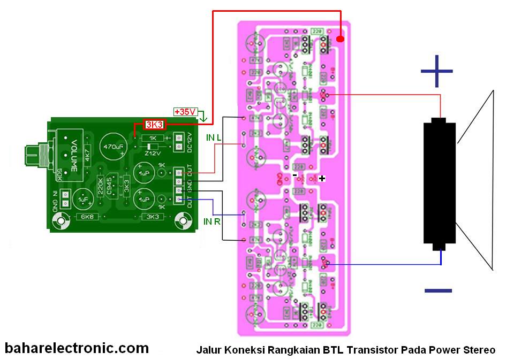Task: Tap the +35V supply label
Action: tap(185, 112)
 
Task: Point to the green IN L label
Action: tap(215, 137)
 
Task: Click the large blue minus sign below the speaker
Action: tap(438, 290)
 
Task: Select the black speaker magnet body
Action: tap(439, 182)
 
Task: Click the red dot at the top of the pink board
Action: tap(341, 39)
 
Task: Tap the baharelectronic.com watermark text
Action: tap(77, 348)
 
